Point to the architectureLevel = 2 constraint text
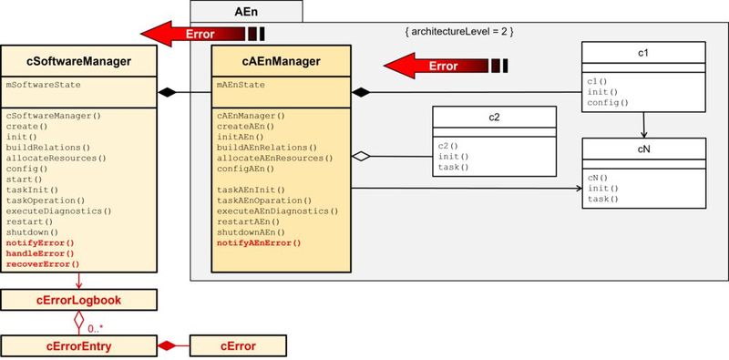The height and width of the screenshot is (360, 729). (460, 32)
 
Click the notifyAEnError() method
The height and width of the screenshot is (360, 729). (259, 243)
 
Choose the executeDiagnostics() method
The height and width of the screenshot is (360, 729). (58, 211)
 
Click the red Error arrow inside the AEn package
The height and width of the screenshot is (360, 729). (442, 66)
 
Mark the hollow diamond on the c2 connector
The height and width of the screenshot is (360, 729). (361, 157)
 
